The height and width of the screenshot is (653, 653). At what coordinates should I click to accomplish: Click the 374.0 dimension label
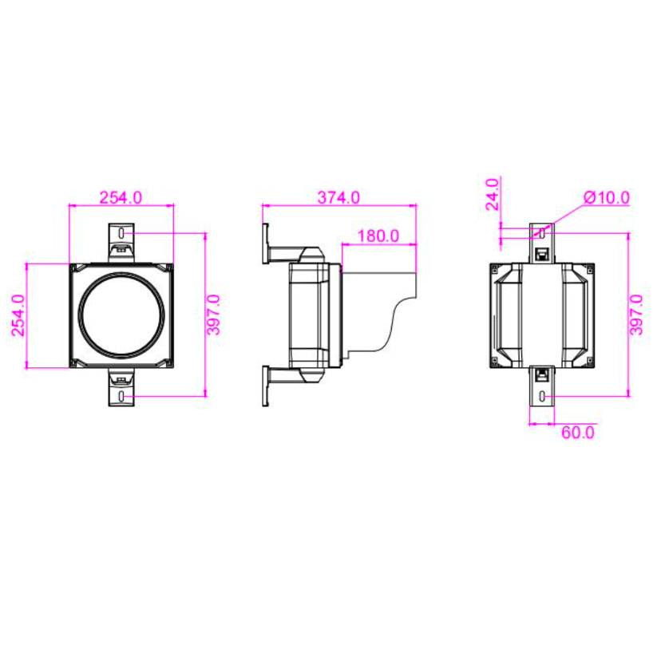click(x=338, y=197)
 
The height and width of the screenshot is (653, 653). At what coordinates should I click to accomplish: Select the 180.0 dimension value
click(x=378, y=236)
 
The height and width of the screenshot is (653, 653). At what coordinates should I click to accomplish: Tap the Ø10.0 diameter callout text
click(x=607, y=197)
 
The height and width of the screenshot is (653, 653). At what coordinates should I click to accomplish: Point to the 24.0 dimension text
click(x=493, y=194)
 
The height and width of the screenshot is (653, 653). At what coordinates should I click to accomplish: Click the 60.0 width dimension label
click(x=578, y=433)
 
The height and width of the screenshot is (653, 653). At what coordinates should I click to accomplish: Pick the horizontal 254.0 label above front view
click(x=121, y=197)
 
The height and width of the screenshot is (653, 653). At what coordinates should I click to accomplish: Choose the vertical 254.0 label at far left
click(x=18, y=315)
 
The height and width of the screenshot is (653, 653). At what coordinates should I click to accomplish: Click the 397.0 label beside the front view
click(x=214, y=315)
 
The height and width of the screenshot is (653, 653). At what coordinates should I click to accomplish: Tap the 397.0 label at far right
click(x=636, y=315)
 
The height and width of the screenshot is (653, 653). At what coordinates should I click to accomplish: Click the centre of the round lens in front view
click(x=121, y=315)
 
